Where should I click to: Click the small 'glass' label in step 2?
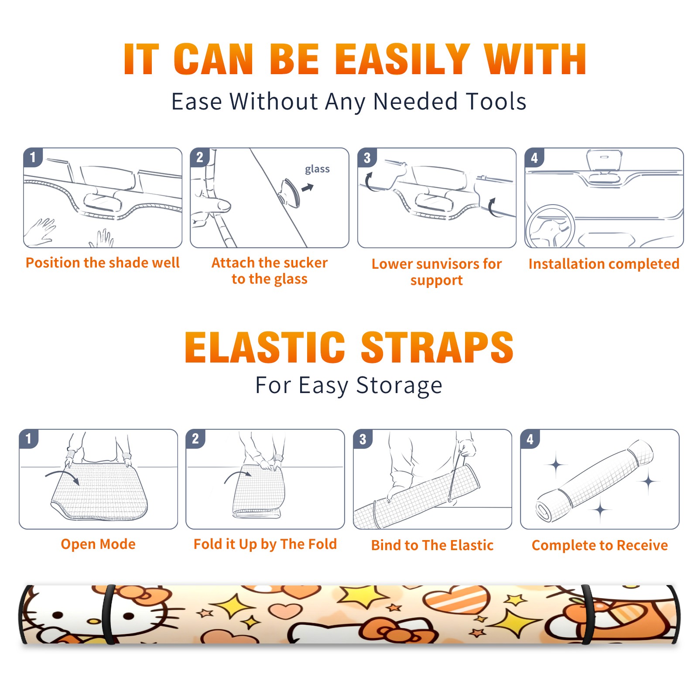pos(317,169)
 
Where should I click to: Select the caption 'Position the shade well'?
pos(103,263)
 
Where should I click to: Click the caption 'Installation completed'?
pos(604,263)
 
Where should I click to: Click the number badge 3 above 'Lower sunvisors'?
pos(367,158)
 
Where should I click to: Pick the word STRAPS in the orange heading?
pos(437,347)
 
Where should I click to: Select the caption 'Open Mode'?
pos(98,544)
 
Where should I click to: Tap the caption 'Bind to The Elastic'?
pos(432,545)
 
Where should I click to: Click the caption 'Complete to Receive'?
pos(600,545)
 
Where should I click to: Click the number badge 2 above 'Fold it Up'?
pos(195,439)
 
